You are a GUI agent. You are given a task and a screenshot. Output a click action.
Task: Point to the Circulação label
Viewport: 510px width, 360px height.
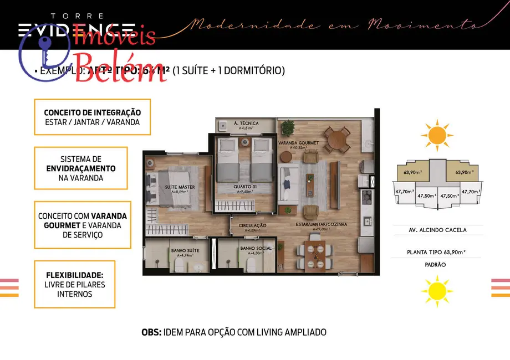tap(253, 226)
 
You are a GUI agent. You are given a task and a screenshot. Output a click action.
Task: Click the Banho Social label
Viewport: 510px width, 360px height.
tap(256, 248)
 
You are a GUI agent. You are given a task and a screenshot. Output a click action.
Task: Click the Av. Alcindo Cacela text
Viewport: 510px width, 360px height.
tap(437, 230)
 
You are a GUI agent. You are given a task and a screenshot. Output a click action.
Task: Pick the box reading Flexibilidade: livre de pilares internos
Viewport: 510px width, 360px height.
tap(74, 284)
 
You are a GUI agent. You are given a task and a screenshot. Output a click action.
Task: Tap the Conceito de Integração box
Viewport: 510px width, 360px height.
tap(92, 117)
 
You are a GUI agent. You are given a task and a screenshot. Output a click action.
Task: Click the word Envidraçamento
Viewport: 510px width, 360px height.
tap(81, 168)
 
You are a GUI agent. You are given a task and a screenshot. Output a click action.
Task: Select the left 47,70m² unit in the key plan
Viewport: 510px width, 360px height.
tap(402, 192)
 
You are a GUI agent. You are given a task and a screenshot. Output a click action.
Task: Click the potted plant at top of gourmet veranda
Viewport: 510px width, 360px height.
tap(287, 127)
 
